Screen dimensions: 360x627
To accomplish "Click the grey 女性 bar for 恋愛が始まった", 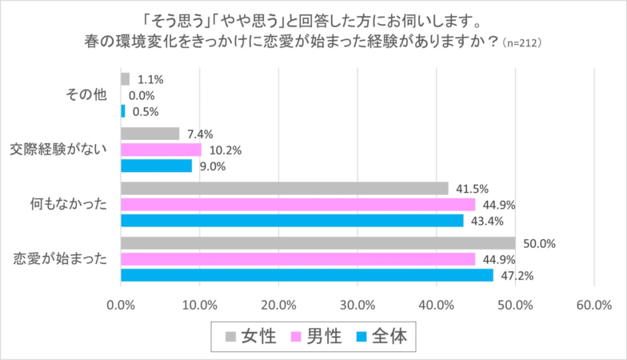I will (x=317, y=243).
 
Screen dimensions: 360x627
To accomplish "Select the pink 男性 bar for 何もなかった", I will (x=298, y=204).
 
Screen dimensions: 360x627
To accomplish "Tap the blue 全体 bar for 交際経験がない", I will (x=156, y=166).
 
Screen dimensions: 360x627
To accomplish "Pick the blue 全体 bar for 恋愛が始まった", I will (x=306, y=275).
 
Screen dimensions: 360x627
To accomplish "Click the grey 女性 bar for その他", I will (x=125, y=79).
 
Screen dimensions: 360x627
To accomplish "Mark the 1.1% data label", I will (x=150, y=79).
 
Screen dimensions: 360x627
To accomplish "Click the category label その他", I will (x=86, y=95).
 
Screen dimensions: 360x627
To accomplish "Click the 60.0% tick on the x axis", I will (x=593, y=305).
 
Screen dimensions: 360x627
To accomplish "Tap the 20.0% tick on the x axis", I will (x=278, y=305).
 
